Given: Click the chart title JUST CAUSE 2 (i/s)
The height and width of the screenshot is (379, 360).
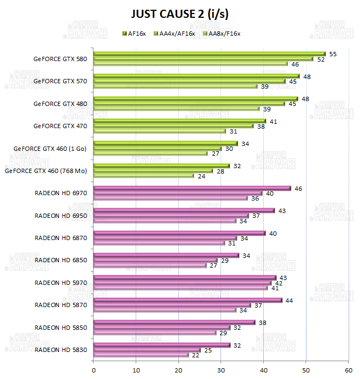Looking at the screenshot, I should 179,13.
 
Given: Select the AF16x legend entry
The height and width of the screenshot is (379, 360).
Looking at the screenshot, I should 135,34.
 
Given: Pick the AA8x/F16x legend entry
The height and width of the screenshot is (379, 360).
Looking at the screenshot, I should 222,34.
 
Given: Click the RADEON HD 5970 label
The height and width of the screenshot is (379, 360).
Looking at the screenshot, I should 61,282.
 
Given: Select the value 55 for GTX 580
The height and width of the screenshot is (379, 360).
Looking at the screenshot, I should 333,54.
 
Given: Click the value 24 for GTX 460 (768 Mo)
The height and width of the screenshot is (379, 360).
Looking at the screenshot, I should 202,176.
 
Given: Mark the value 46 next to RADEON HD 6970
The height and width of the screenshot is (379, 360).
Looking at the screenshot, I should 298,188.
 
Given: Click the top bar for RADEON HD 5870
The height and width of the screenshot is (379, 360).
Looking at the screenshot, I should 188,300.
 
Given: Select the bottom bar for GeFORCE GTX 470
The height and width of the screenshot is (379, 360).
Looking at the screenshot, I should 159,131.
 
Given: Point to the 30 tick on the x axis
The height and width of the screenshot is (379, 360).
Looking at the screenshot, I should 221,370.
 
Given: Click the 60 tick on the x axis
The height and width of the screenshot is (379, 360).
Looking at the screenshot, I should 348,370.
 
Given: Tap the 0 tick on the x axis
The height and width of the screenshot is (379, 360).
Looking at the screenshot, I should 94,370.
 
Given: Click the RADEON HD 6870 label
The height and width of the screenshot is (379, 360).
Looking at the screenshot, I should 61,237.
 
